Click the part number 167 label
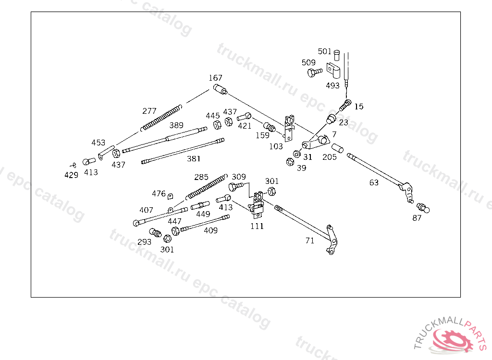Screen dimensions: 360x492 216,78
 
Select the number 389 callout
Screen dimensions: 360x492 176,125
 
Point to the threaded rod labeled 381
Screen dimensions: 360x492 183,151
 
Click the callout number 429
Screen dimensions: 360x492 71,175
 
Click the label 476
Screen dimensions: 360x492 159,193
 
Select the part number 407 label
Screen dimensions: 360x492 146,210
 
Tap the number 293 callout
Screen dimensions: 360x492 144,242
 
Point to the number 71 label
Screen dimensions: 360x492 310,240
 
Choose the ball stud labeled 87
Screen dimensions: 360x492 423,208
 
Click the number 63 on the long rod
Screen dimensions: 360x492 374,182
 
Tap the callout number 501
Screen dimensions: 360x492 324,51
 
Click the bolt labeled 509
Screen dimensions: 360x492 315,72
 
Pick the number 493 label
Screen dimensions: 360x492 332,85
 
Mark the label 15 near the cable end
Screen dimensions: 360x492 359,107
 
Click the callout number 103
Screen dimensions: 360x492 276,146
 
